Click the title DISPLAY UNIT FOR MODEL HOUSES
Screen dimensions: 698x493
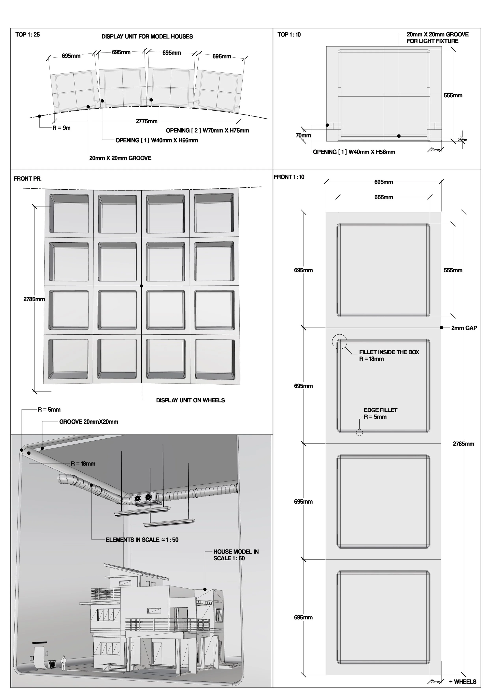pos(147,37)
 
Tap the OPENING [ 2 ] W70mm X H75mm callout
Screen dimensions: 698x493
pos(207,131)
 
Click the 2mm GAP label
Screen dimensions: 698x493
pos(464,328)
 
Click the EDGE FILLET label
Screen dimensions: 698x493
pos(380,410)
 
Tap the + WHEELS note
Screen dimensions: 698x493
pos(463,682)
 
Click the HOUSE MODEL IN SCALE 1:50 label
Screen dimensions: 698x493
pos(236,555)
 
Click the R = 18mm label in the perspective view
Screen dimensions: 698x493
pos(83,464)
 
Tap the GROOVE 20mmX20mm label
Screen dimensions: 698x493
pos(89,422)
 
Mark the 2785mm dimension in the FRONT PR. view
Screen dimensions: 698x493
pos(34,299)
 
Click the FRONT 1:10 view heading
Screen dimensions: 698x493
pos(289,177)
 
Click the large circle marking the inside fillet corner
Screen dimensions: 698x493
pos(340,342)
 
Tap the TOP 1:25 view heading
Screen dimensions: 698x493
pos(27,35)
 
